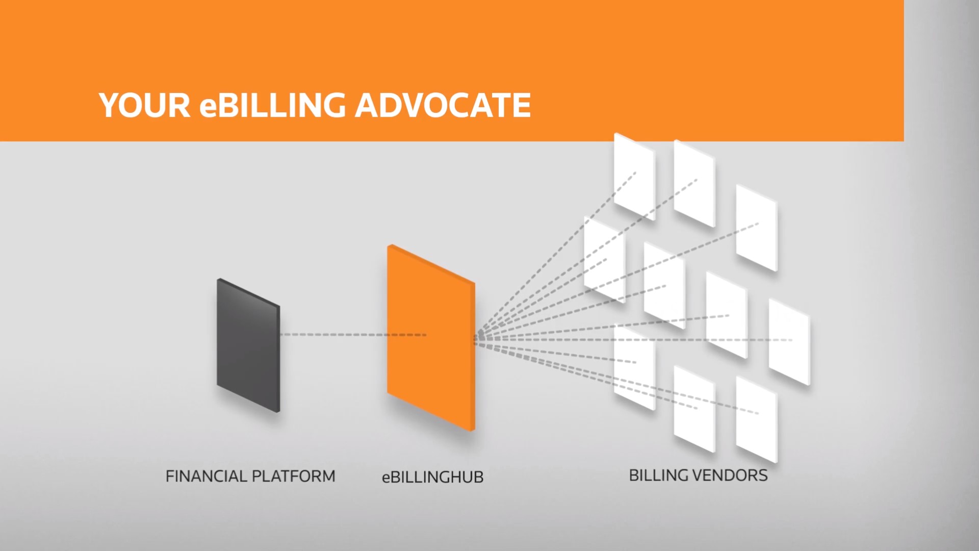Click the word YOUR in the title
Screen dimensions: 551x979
(144, 105)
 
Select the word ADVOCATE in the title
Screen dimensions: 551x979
(443, 105)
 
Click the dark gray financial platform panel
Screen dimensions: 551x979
(248, 345)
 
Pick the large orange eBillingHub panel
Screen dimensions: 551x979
(431, 338)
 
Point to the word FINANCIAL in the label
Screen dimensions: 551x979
(206, 476)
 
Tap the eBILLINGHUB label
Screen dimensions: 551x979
(432, 477)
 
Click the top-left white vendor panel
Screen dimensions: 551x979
(634, 177)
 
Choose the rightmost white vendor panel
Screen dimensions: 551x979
(789, 342)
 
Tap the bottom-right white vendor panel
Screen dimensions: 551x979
(756, 419)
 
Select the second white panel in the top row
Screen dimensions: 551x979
(694, 184)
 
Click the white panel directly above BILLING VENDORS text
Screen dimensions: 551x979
(694, 409)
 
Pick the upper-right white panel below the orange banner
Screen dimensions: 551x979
(756, 228)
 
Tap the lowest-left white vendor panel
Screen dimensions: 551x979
(634, 368)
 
